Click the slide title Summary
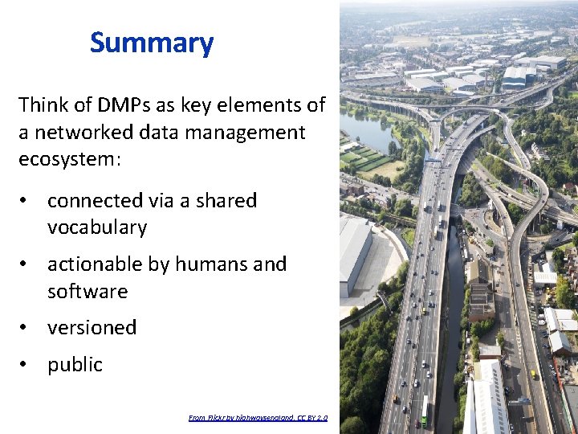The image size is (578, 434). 152,43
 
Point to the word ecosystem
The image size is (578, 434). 67,159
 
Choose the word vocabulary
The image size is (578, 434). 97,227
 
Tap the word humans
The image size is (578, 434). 210,264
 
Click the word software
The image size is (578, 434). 88,291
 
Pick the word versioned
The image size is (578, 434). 92,328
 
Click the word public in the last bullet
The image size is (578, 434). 75,365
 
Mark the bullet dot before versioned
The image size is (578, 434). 27,328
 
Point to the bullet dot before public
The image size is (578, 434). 27,365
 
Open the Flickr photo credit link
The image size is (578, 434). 252,418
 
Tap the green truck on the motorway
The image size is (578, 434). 425,412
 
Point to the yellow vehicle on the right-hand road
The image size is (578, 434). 532,375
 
